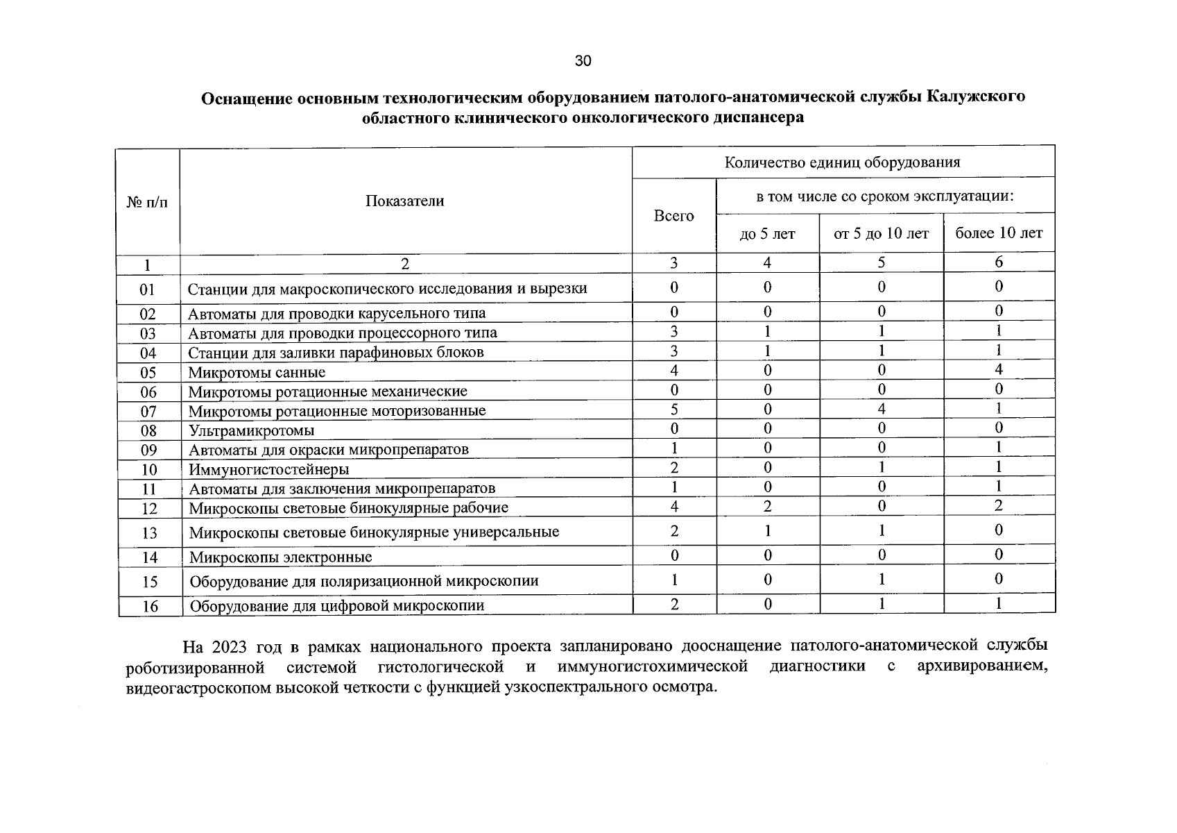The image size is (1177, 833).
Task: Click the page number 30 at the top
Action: (583, 61)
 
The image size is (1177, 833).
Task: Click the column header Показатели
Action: (404, 201)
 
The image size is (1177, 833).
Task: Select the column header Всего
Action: (673, 216)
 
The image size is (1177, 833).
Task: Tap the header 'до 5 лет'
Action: (767, 234)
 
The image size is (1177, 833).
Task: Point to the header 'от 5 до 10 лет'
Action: (881, 234)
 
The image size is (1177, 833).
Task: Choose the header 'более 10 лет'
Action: (999, 233)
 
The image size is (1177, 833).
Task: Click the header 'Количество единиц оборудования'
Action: (842, 162)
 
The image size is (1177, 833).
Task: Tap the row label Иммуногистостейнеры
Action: (268, 470)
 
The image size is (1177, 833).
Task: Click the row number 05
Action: (148, 373)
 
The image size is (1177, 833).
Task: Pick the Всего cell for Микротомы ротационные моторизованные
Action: (673, 410)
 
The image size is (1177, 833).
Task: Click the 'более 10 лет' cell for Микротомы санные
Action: (999, 370)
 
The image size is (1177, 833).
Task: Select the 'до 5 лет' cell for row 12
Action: (767, 506)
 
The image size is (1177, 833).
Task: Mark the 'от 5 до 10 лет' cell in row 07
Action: (881, 410)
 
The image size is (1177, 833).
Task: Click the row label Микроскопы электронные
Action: (280, 557)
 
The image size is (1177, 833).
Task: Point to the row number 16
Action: (150, 606)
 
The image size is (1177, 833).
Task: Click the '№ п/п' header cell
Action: (147, 202)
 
